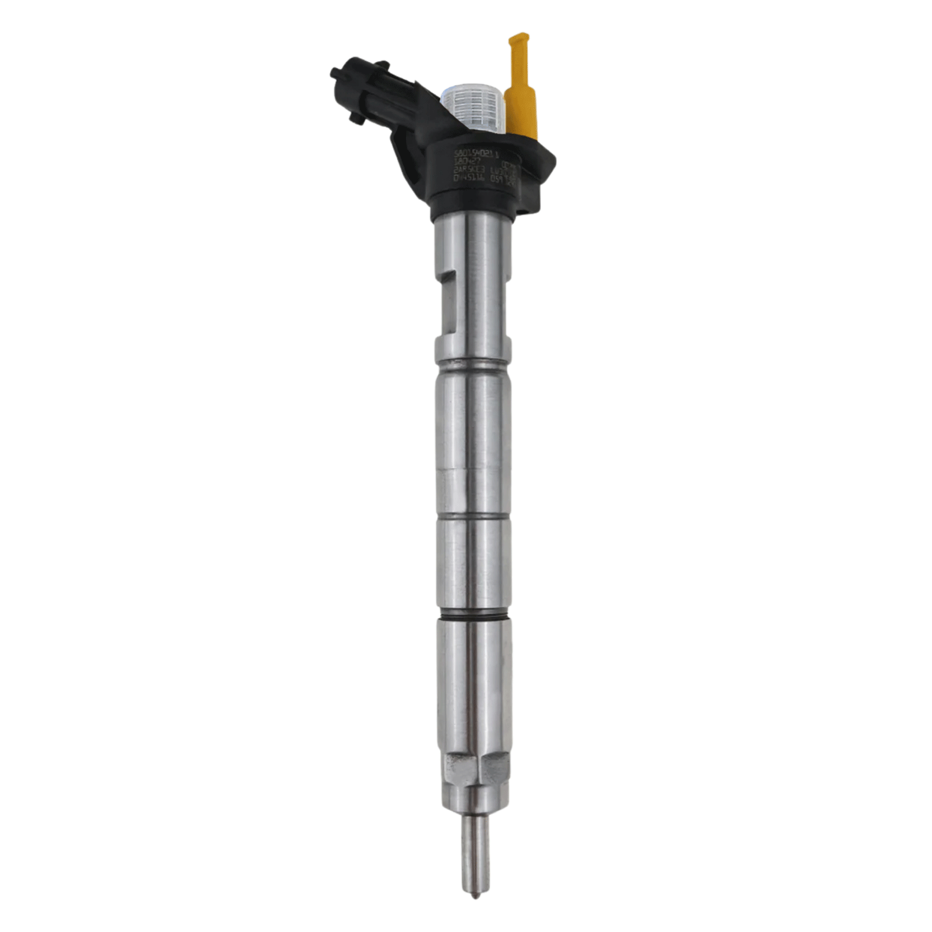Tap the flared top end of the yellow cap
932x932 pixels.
click(x=517, y=41)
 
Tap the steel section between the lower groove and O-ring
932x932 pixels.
click(x=473, y=565)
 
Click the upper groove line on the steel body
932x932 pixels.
click(x=473, y=366)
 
